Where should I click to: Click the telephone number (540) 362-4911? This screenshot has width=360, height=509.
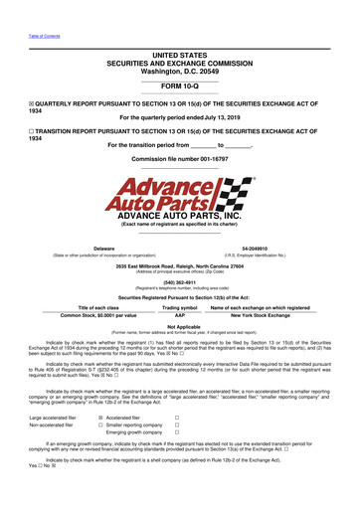[180, 281]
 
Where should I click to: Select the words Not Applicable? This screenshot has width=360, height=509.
[180, 325]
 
